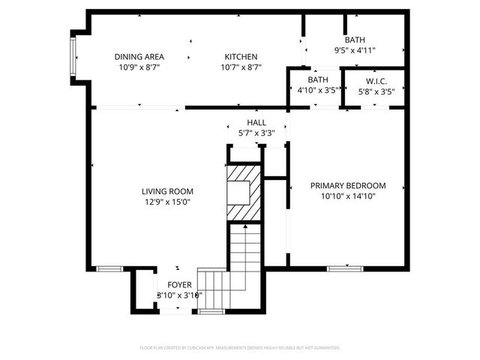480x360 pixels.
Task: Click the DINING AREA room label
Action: click(x=139, y=57)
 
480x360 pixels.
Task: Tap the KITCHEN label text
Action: click(x=240, y=57)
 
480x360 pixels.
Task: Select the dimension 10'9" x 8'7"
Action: click(x=139, y=67)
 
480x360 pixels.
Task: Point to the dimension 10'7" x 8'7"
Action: click(x=240, y=67)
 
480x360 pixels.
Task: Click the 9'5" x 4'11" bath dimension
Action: click(x=355, y=51)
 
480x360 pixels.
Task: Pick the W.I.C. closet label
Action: click(x=376, y=80)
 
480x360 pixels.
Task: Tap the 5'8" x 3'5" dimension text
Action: click(x=376, y=91)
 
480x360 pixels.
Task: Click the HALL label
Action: click(x=256, y=123)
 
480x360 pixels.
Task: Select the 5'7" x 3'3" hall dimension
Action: click(x=256, y=133)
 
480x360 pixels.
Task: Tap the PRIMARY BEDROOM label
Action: click(x=348, y=186)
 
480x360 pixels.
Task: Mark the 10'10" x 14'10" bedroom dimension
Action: click(x=348, y=196)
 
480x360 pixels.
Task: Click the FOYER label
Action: click(x=179, y=285)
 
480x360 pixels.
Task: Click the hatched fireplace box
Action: click(x=244, y=193)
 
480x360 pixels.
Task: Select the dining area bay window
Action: click(x=73, y=58)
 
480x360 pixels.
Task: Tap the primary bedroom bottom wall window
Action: click(x=346, y=268)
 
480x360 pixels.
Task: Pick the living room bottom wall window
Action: click(x=110, y=268)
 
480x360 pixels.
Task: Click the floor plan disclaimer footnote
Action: click(x=240, y=348)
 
